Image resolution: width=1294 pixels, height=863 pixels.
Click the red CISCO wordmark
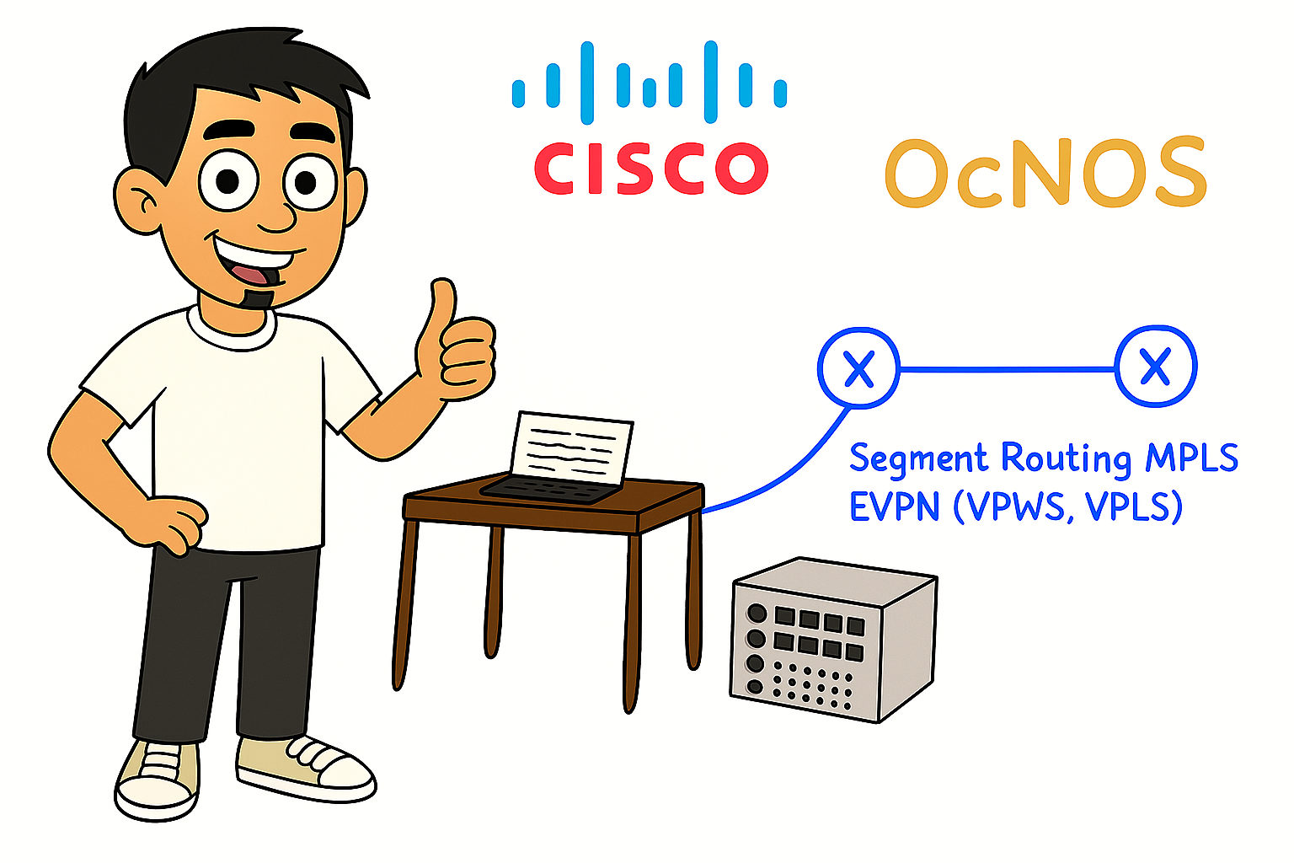pos(650,168)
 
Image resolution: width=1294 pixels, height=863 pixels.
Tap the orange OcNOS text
pos(1045,174)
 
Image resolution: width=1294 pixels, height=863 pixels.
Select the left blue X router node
pos(858,368)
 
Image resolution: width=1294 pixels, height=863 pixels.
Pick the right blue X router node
pos(1155,367)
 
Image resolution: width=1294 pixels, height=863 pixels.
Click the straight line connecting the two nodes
pos(1007,368)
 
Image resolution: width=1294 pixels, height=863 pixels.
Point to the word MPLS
pos(1191,458)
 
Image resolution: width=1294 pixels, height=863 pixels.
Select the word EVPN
pos(894,507)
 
